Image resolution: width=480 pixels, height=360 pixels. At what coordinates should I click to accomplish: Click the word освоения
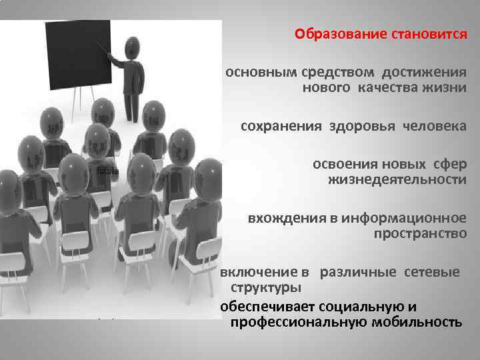pyautogui.click(x=341, y=164)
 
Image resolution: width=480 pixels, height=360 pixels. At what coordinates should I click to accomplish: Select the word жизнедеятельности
pyautogui.click(x=397, y=179)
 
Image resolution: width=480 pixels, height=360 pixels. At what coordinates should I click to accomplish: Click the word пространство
pyautogui.click(x=420, y=233)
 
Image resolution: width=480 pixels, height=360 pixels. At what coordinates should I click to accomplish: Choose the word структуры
pyautogui.click(x=265, y=287)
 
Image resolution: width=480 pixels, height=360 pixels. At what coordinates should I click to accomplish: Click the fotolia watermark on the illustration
pyautogui.click(x=107, y=171)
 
